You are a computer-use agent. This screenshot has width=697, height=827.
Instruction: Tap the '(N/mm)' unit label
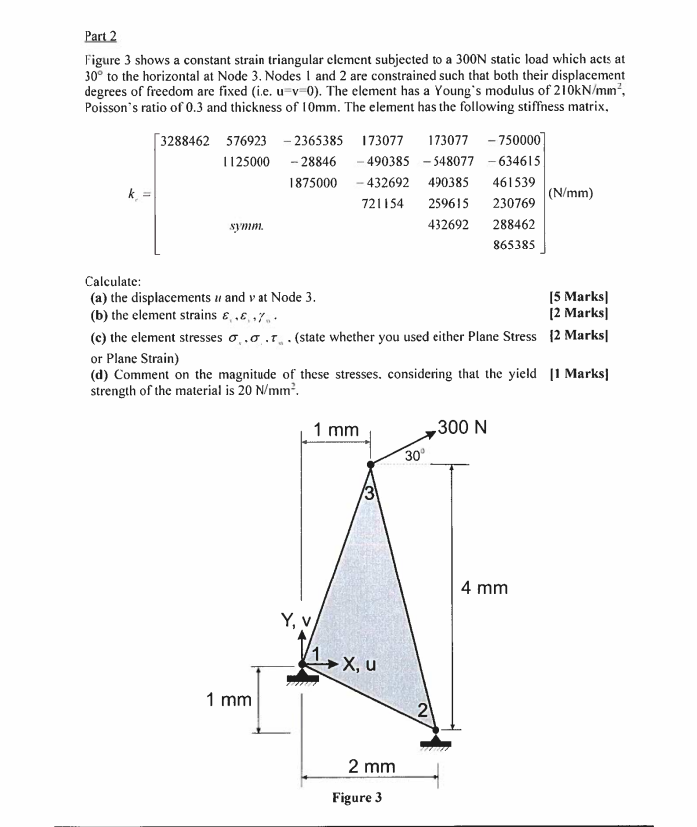[x=571, y=192]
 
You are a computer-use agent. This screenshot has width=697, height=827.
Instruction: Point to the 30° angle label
[x=417, y=455]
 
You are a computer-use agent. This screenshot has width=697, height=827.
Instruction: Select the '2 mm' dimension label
[x=371, y=766]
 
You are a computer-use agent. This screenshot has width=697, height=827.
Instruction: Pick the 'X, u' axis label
[x=357, y=665]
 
